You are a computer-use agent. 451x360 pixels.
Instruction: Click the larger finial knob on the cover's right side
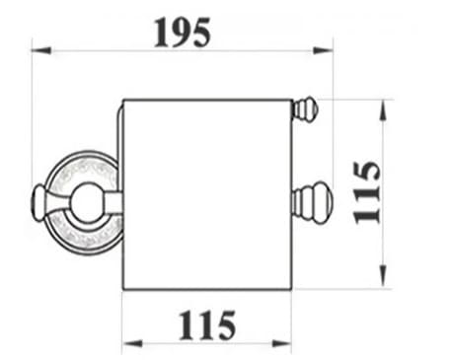(314, 203)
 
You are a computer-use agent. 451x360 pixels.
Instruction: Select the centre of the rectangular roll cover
(206, 192)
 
